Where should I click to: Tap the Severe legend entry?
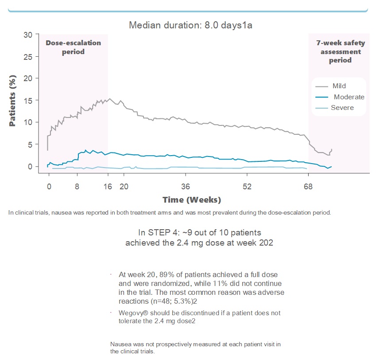click(342, 108)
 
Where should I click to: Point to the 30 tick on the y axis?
click(27, 35)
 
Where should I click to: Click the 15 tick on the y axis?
click(27, 100)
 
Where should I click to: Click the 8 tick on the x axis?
click(78, 186)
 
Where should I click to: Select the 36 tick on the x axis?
click(186, 186)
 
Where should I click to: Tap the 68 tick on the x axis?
click(308, 186)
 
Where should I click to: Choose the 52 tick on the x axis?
click(247, 186)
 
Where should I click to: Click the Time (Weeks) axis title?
click(191, 200)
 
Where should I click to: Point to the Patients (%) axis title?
click(13, 100)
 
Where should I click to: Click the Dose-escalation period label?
click(74, 47)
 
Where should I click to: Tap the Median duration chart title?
click(190, 25)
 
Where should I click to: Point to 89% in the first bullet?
click(165, 275)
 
